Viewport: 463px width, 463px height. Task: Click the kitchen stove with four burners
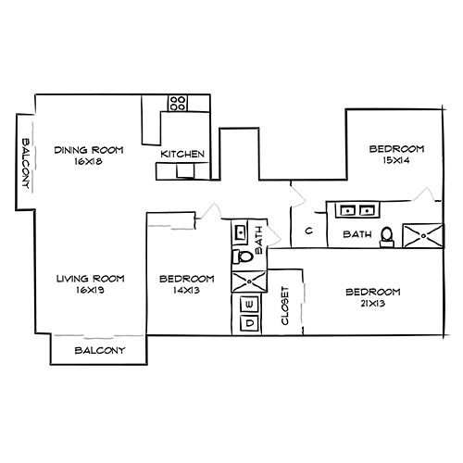tap(178, 103)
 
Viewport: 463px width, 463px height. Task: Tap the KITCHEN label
tap(183, 154)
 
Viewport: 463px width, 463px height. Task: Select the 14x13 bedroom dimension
tap(186, 290)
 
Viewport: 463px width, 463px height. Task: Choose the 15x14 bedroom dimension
tap(396, 161)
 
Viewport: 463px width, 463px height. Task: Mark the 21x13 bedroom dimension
tap(372, 305)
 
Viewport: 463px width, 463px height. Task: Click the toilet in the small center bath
tap(242, 257)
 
